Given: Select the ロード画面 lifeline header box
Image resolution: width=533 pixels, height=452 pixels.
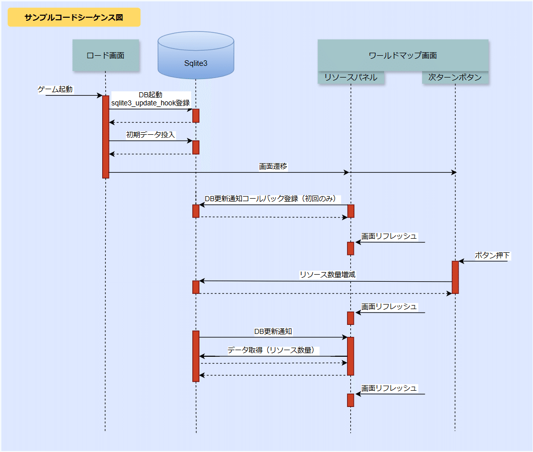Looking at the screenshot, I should pos(105,55).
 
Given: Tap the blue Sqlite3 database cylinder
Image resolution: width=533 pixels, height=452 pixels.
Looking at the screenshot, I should pos(195,56).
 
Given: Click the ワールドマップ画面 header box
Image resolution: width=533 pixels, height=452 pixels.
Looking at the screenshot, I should pos(403,55).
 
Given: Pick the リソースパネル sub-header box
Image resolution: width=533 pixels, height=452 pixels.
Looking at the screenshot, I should pos(351,78).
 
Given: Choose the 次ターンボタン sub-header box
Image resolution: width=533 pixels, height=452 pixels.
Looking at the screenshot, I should pos(455,78).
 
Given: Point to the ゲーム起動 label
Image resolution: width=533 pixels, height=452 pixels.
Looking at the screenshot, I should pos(56,90).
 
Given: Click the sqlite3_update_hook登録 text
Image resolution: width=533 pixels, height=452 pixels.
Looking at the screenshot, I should pos(150,103).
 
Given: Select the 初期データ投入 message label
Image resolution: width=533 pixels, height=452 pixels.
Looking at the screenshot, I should pos(150,135).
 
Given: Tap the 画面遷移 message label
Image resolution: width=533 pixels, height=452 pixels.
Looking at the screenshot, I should pos(273,166).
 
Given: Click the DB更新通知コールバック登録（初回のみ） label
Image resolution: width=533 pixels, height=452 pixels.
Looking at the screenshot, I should pos(272,199).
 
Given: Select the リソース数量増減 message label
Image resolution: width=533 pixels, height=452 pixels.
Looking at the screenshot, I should pos(327,275).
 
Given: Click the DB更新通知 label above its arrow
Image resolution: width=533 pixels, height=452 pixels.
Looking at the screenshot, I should pos(273,331).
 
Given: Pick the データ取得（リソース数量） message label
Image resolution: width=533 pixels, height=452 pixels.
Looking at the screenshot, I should pos(271,350).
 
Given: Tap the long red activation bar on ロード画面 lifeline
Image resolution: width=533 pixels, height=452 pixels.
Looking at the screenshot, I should pos(106,136).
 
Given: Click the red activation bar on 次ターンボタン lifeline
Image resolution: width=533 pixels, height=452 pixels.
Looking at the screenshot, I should pos(455,277).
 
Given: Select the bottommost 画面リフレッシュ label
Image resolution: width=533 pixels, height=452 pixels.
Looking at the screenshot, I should pos(389,388).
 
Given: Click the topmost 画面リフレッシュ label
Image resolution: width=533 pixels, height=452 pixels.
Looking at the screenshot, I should pos(389,236).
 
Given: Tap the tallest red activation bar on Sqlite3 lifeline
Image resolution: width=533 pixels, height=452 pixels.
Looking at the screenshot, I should pos(196,356).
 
